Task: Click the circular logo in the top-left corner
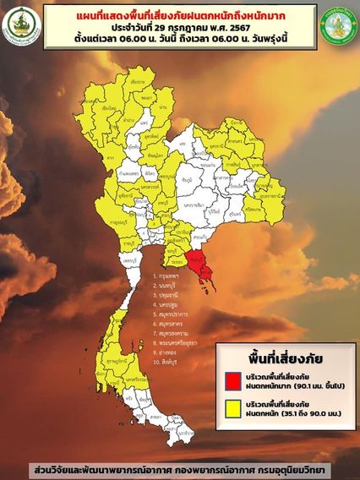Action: [20, 25]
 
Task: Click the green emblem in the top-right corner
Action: [339, 25]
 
